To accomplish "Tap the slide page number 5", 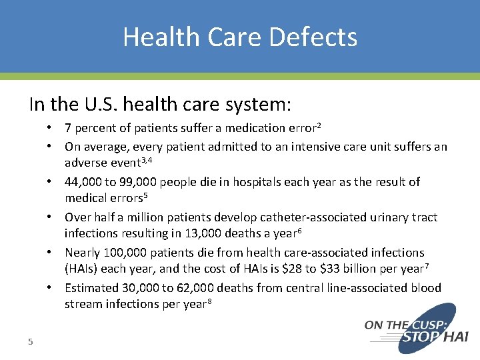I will click(30, 342).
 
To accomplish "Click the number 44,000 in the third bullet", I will click(83, 182).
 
